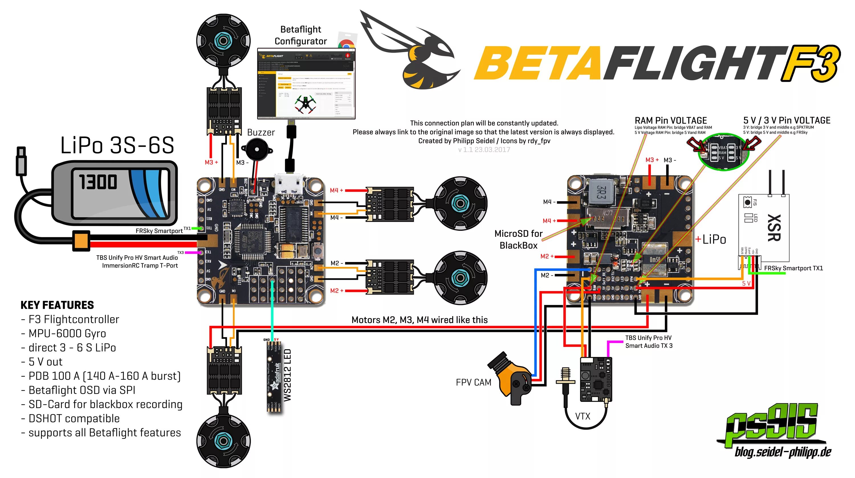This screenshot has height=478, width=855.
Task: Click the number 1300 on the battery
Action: (x=98, y=182)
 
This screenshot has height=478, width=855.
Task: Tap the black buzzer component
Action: (x=256, y=150)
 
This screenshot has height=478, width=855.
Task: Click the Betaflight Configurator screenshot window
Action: (x=306, y=83)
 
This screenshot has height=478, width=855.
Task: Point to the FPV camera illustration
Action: (x=511, y=378)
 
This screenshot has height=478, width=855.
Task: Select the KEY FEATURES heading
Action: (x=57, y=305)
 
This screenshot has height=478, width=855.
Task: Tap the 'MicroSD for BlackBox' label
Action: (x=518, y=240)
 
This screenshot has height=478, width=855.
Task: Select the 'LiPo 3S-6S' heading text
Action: (x=117, y=145)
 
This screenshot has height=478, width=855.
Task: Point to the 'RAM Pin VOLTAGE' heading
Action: (x=670, y=120)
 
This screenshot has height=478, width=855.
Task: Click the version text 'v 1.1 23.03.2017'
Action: (x=484, y=150)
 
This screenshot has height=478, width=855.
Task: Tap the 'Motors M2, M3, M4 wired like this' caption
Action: (x=420, y=320)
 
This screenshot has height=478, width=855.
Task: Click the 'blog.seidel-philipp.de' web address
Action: (x=783, y=452)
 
